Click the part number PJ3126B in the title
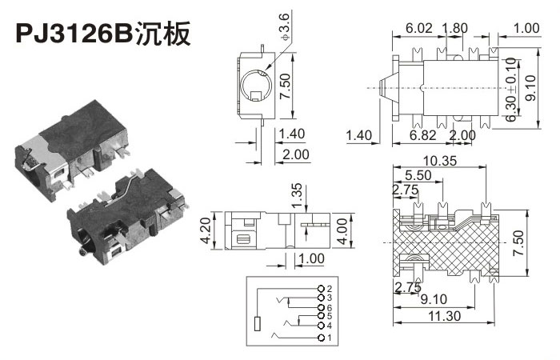[74, 34]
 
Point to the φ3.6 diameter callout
[285, 27]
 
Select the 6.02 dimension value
[419, 28]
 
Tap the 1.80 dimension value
[454, 28]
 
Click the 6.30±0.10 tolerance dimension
[511, 90]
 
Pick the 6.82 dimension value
[423, 135]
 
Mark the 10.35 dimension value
[440, 161]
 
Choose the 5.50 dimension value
[418, 175]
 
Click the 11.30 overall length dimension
[444, 316]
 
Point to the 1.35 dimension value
[297, 195]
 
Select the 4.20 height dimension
[206, 230]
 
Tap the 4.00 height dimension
[342, 231]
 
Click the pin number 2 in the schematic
[330, 289]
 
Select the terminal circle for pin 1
[322, 338]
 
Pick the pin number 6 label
[330, 307]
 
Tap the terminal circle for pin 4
[322, 326]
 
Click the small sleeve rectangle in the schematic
[257, 323]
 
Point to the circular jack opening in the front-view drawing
[256, 85]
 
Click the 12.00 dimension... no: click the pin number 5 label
[330, 316]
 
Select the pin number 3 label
[330, 298]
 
